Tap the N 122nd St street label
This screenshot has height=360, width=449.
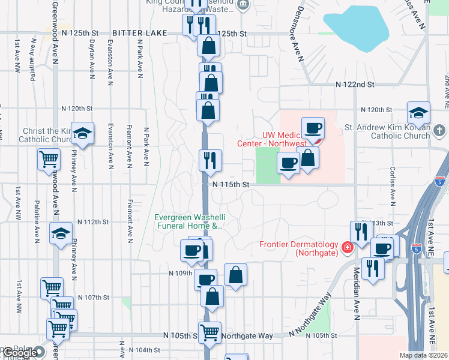coord(355,86)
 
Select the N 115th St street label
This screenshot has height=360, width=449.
coord(231,185)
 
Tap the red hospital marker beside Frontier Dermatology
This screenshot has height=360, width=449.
coord(347,247)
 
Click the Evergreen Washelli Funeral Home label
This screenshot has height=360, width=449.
coord(188,222)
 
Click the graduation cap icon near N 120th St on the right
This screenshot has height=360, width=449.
coord(418,113)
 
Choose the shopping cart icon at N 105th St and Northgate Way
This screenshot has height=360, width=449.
coord(209,332)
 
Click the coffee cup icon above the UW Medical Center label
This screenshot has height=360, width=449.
coord(313,128)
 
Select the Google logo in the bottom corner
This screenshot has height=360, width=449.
coord(20,353)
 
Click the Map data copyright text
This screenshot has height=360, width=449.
coord(423,355)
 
